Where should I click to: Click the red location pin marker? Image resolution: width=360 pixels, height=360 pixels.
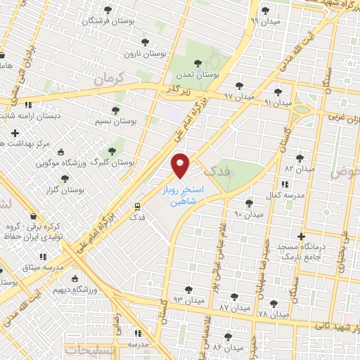click(x=181, y=165)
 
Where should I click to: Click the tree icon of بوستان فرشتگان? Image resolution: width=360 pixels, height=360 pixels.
click(x=108, y=10)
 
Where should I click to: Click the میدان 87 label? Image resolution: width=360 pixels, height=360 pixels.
click(x=234, y=308)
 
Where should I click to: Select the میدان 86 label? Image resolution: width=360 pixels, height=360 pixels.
click(x=227, y=347)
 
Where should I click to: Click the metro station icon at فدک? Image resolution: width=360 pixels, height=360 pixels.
click(x=138, y=207)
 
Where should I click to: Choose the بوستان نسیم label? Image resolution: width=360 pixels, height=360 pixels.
click(x=115, y=122)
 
